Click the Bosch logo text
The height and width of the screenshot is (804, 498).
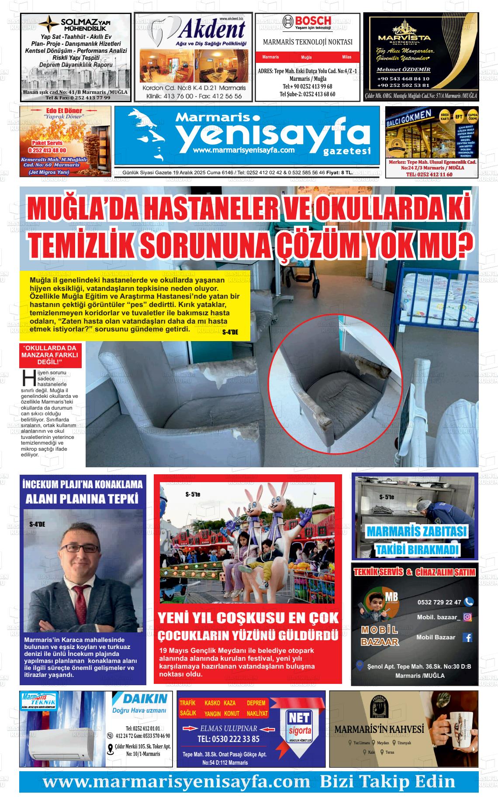[313, 21]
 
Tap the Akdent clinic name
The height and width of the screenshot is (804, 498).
[212, 30]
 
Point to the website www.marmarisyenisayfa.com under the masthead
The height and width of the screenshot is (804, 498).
[244, 150]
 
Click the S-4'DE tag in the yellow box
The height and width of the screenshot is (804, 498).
[230, 332]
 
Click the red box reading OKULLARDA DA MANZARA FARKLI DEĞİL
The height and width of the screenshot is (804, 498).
[49, 355]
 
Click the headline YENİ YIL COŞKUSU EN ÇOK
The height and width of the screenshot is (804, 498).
[248, 618]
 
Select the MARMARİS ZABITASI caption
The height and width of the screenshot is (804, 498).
[416, 531]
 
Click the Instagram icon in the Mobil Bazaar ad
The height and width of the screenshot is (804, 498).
[467, 617]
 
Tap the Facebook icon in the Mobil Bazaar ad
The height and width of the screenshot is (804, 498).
[467, 637]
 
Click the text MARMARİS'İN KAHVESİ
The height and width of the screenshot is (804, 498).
[379, 729]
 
